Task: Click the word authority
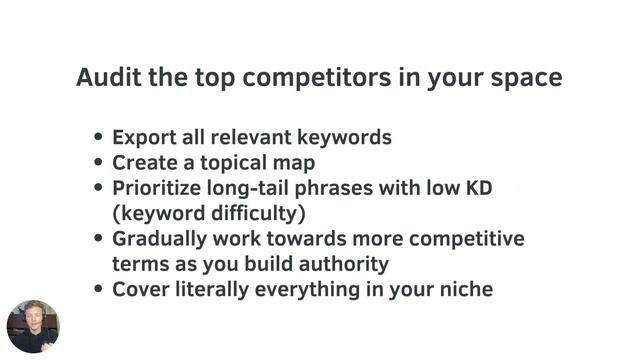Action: click(346, 265)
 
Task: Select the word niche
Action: click(464, 291)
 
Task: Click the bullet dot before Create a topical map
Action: click(98, 163)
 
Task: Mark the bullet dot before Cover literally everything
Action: click(98, 291)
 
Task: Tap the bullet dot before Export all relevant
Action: click(98, 137)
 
